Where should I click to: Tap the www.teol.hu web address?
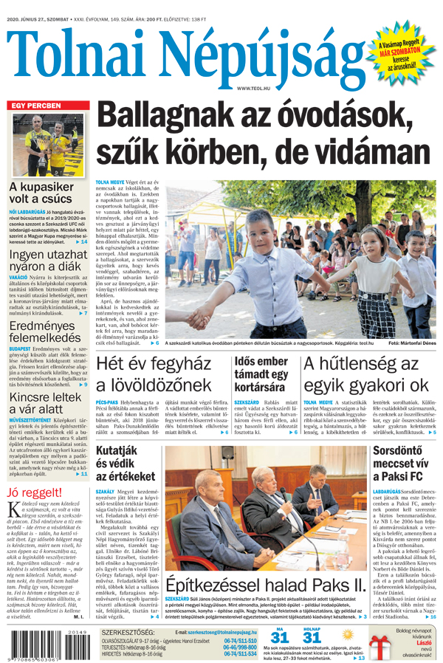253,88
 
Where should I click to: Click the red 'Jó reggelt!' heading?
35,492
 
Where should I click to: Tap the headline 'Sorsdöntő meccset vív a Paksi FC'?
404,463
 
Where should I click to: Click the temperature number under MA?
280,639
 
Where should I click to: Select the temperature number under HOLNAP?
312,639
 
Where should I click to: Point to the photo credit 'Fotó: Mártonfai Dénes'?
411,343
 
